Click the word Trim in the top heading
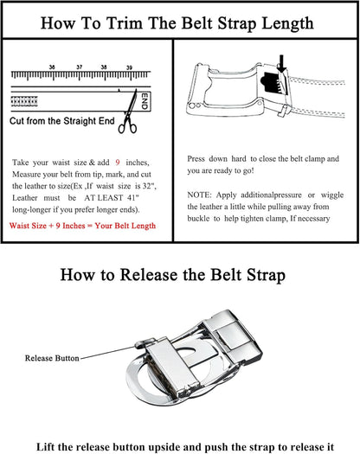(125, 23)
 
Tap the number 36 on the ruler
(52, 67)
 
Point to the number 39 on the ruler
(129, 67)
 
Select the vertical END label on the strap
(145, 101)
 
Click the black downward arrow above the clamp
(281, 63)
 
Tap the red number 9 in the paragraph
(118, 163)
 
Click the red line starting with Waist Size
(82, 226)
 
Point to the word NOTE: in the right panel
(199, 195)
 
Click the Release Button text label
(52, 359)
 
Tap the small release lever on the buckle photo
(145, 342)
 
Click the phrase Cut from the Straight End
(62, 121)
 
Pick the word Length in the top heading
(288, 23)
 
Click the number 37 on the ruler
(80, 67)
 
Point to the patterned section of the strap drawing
(24, 101)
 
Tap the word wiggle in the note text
(332, 195)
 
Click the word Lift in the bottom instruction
(46, 447)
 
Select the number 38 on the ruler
(104, 67)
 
